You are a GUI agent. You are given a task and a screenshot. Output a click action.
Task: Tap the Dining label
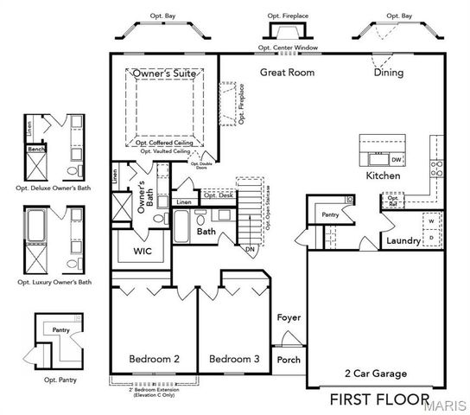(388, 73)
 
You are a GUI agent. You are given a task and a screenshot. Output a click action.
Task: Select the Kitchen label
(383, 176)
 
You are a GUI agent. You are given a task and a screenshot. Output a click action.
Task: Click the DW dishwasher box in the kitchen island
(396, 160)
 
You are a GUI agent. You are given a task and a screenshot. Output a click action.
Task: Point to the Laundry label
(403, 240)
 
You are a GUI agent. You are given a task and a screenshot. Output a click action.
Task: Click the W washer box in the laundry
(432, 220)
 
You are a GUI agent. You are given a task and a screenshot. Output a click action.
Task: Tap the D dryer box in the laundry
(432, 237)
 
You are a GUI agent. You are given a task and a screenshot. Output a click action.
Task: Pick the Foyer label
(289, 317)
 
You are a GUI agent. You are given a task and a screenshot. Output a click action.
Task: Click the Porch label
(289, 360)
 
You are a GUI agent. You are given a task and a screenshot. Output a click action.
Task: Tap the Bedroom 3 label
(234, 359)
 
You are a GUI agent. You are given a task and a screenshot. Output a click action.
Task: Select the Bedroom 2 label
(154, 359)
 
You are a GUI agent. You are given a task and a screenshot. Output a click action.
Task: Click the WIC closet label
(143, 251)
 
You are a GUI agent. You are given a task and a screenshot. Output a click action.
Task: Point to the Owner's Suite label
(164, 75)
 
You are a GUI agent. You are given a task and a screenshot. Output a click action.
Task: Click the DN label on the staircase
(249, 249)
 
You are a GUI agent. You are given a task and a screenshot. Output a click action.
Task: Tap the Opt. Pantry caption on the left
(51, 379)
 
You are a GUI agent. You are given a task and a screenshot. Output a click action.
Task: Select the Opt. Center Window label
(288, 48)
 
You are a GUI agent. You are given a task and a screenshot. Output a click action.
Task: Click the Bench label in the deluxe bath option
(36, 149)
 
